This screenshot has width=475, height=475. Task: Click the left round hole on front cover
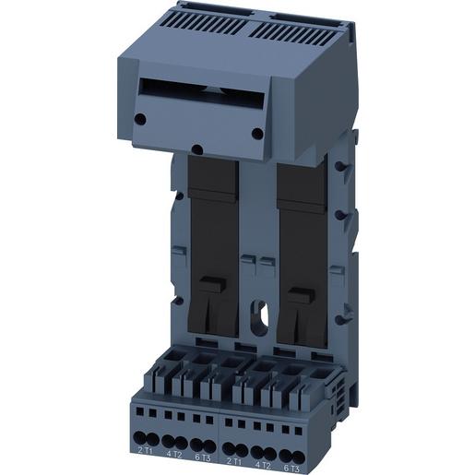click(x=139, y=118)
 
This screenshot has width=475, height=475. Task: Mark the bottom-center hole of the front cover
click(x=196, y=148)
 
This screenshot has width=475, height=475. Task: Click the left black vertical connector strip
click(x=213, y=231)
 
